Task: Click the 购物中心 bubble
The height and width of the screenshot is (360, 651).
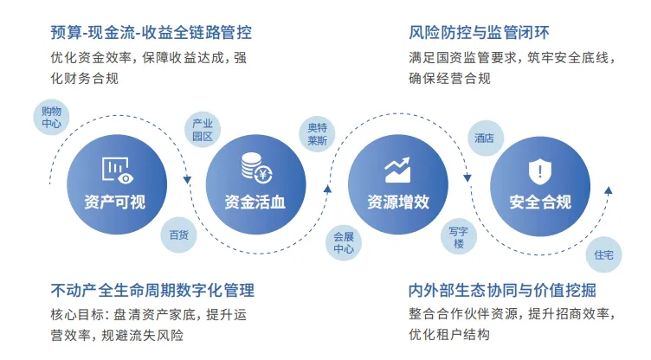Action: click(52, 118)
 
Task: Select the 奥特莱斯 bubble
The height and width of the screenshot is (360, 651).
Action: click(317, 134)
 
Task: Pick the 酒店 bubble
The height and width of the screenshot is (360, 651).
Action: click(484, 138)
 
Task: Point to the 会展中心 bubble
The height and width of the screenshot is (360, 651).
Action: click(343, 242)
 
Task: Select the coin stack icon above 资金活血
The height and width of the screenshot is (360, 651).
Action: click(255, 167)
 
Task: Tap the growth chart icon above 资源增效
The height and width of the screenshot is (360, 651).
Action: click(397, 170)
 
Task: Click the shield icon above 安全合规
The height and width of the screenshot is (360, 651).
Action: click(539, 170)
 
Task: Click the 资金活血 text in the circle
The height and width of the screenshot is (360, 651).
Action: click(255, 203)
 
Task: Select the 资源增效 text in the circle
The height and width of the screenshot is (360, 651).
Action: click(397, 203)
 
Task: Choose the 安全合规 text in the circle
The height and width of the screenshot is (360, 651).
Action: click(539, 203)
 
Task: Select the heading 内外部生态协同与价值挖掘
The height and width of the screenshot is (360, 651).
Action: click(502, 290)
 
